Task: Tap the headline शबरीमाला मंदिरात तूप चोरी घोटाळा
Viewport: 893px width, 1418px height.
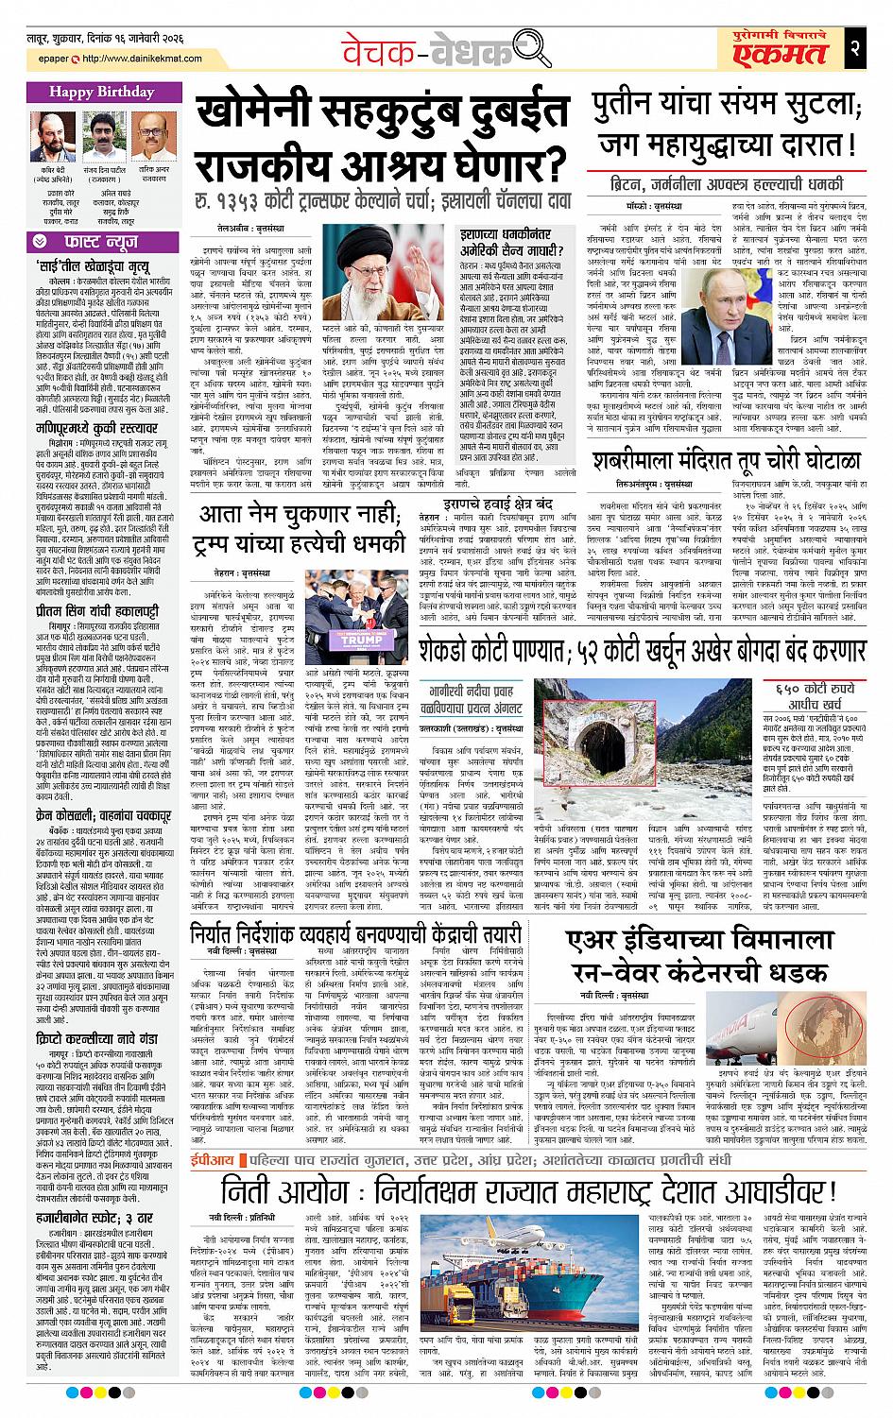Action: (727, 461)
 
